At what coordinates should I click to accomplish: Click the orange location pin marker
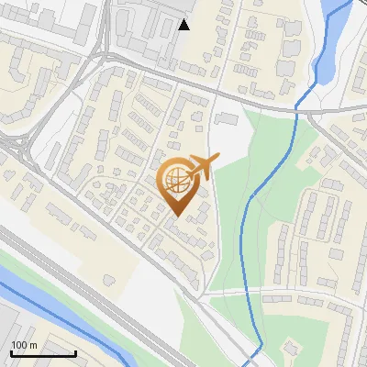click(181, 187)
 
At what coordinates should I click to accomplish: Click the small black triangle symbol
click(184, 25)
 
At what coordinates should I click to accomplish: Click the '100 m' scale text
click(24, 345)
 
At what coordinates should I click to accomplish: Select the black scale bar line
click(42, 353)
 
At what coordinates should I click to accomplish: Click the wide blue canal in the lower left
click(64, 317)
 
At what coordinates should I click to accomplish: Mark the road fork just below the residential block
click(201, 297)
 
